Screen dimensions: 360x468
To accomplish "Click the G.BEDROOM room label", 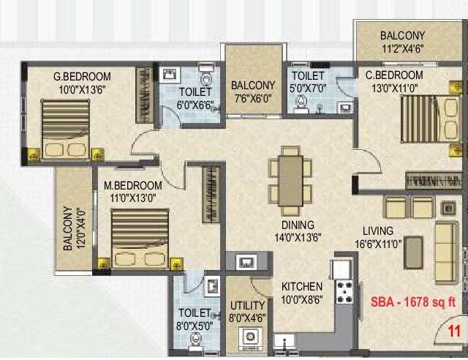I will [81, 76].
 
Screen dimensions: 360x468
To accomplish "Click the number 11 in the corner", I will [456, 331].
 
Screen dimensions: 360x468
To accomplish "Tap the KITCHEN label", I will [302, 286].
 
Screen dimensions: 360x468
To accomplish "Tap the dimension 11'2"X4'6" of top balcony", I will [401, 50].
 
